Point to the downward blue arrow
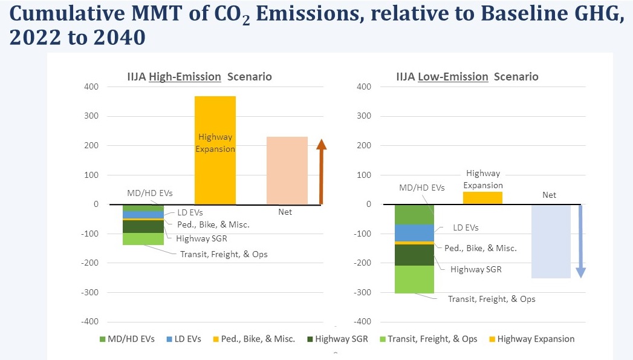[x=580, y=242]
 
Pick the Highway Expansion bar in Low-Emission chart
[x=482, y=198]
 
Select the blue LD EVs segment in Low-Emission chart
[x=414, y=233]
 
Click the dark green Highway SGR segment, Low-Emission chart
[x=414, y=255]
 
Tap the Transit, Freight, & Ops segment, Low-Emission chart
[x=414, y=280]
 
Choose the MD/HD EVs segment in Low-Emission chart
[x=414, y=215]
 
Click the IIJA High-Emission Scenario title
[x=194, y=77]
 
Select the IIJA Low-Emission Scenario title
[x=467, y=77]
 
